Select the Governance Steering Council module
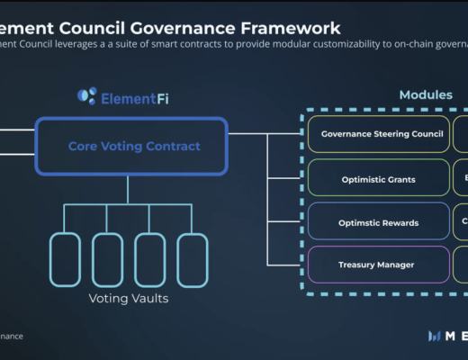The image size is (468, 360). [378, 134]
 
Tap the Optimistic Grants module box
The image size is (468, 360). [378, 178]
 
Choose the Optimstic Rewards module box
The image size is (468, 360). [378, 221]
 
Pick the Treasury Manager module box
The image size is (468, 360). [378, 265]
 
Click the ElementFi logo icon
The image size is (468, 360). [86, 95]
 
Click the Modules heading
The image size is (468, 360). [426, 94]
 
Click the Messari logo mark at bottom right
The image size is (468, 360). [436, 336]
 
